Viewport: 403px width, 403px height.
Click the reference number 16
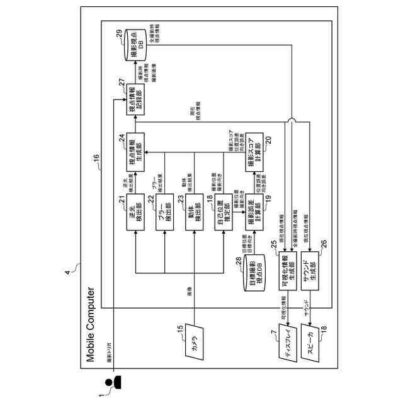pos(96,167)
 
